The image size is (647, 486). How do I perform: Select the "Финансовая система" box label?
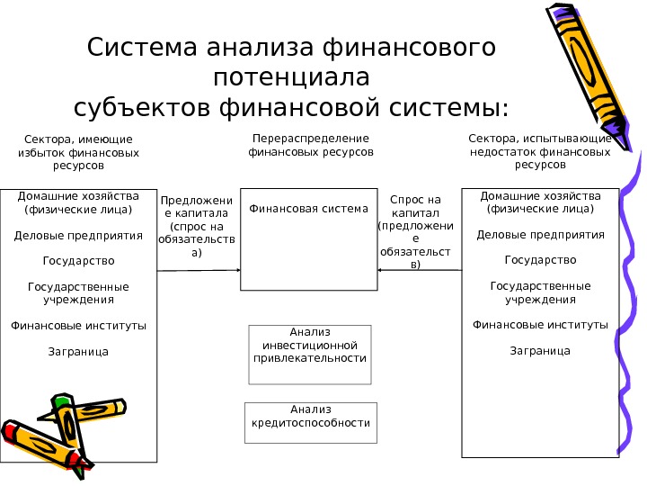309,209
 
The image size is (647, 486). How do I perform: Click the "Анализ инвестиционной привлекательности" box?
309,346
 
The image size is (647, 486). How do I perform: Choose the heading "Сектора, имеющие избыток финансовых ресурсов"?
78,153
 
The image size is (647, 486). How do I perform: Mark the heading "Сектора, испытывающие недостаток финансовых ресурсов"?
540,152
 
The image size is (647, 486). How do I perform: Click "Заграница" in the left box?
78,351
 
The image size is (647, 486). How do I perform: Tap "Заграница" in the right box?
540,350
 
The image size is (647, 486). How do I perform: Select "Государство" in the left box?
78,261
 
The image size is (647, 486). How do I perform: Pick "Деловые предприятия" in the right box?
540,235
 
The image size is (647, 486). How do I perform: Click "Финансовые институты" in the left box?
78,325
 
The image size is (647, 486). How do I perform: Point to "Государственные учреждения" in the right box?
540,292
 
